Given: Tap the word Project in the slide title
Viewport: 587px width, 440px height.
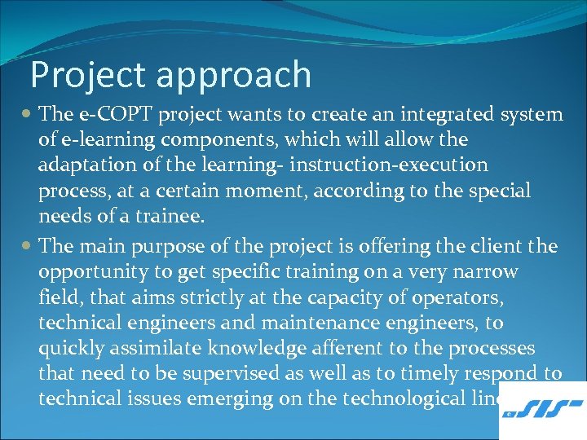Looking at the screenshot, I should (86, 75).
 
